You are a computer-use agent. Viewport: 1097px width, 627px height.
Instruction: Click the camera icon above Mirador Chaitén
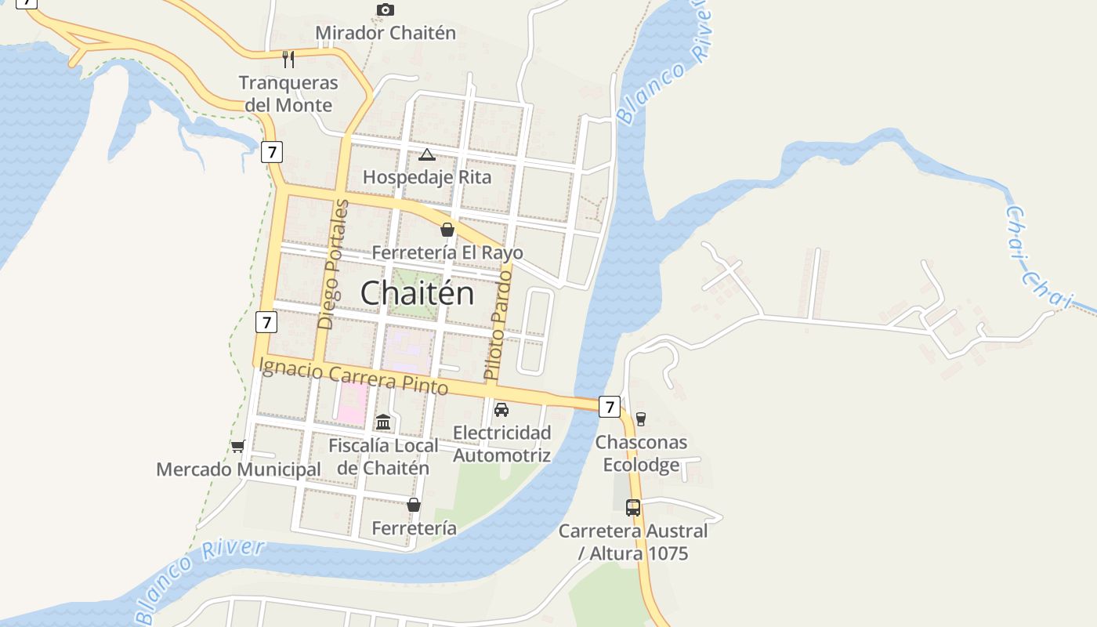coord(385,9)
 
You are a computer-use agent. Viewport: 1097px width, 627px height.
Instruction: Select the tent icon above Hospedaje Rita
coord(426,154)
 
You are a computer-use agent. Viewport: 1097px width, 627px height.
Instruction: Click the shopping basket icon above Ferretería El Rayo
coord(447,230)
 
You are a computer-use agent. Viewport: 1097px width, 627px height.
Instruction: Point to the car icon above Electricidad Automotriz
coord(501,409)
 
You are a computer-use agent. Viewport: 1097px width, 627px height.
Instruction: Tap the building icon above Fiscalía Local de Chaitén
coord(383,422)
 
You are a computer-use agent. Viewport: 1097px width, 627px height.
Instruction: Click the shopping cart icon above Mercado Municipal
coord(237,446)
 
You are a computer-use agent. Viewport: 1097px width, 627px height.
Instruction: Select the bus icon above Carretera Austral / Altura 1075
coord(633,507)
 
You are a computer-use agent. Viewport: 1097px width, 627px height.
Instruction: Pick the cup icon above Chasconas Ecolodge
coord(641,419)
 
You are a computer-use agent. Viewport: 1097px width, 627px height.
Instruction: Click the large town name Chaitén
coord(417,293)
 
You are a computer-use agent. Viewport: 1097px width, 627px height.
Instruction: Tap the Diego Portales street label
coord(332,264)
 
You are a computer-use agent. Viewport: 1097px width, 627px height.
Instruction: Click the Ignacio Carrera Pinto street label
coord(353,375)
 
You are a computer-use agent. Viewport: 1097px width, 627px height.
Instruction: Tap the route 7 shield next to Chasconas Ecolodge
coord(610,406)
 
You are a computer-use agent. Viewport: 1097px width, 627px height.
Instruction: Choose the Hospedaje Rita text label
coord(427,177)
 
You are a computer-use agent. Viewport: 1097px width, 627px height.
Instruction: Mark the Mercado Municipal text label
coord(238,469)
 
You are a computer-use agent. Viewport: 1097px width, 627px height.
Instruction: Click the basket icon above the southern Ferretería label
coord(414,505)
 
